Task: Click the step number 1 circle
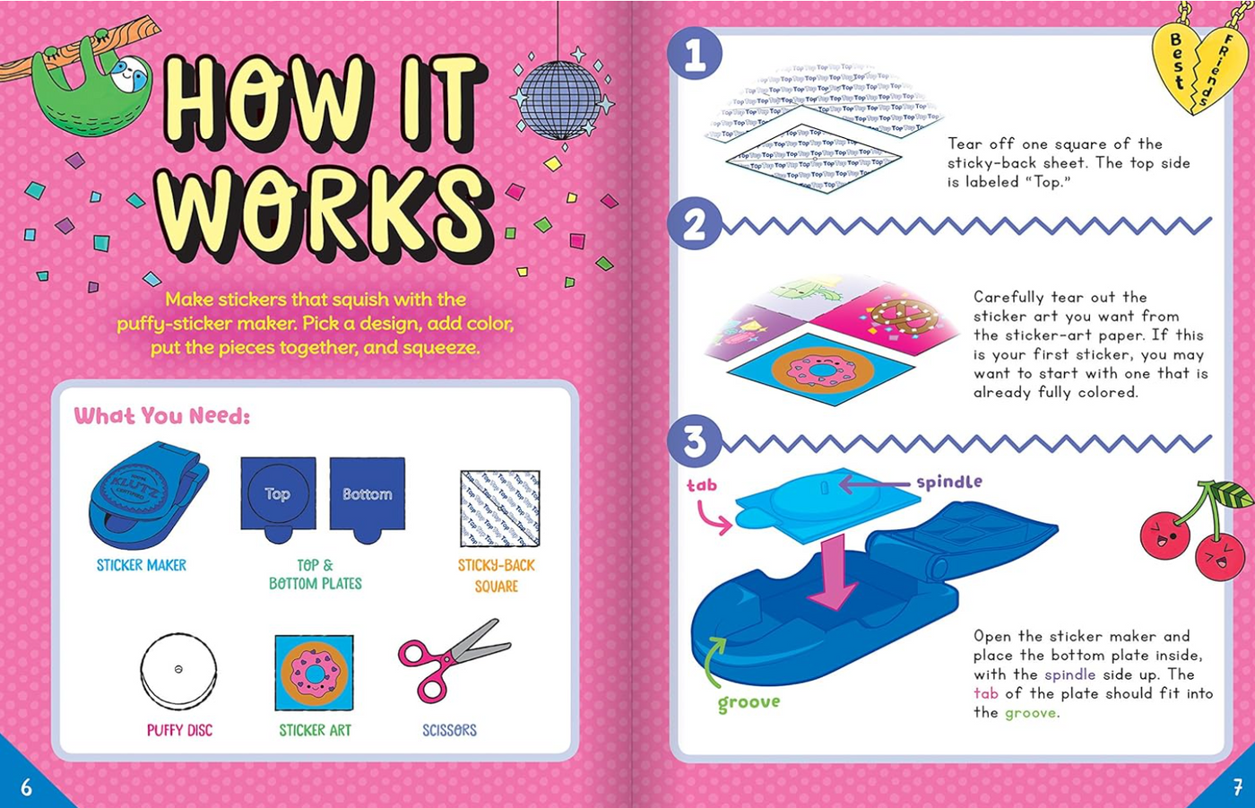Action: point(695,54)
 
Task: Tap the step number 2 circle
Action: point(695,224)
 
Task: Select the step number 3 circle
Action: point(695,441)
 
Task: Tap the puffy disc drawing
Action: point(178,672)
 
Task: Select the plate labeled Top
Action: point(278,494)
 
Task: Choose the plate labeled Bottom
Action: point(368,494)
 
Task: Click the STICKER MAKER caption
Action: point(142,565)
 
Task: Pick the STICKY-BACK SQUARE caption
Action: point(497,575)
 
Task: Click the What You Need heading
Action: point(162,416)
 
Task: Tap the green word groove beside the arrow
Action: point(749,702)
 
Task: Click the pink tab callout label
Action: point(702,485)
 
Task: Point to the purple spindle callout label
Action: point(948,482)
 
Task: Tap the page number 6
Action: point(26,787)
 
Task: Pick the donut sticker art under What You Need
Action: point(314,673)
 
